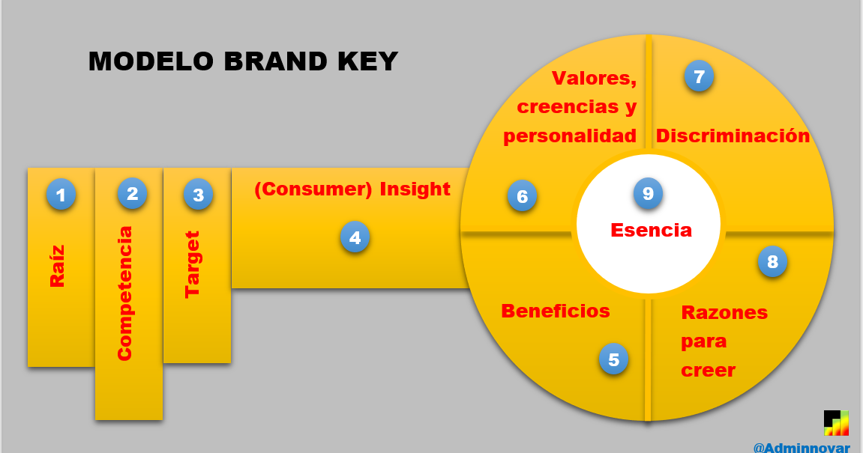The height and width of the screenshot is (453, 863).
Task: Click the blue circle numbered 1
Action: pos(61,195)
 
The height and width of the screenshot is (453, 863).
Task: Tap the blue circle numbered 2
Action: pos(132,194)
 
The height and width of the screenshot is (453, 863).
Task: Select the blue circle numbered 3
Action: pos(198,195)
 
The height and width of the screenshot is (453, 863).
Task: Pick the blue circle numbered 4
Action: pos(355,238)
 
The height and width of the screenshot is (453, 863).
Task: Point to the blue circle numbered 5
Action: pos(613,360)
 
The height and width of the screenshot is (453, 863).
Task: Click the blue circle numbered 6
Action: pos(522,197)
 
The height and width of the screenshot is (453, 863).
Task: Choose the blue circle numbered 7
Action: pos(699,76)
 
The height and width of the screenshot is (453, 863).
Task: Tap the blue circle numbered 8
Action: pos(772,262)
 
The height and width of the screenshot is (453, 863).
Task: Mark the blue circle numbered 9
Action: pos(648,194)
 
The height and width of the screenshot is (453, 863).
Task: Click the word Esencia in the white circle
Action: pos(651,230)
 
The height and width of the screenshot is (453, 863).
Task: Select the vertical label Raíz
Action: pos(58,267)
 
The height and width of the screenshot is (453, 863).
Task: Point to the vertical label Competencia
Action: pos(125,293)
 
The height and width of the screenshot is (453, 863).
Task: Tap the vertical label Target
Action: pos(193,264)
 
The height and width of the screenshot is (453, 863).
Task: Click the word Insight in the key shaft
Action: pos(415,189)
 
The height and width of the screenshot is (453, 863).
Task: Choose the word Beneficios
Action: pos(556,311)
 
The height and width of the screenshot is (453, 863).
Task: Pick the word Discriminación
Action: pos(733,136)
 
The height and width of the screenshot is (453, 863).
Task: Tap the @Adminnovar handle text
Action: pos(802,447)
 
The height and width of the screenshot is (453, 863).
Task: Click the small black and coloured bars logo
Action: pos(836,422)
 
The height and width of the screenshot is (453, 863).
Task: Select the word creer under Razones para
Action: pos(708,371)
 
